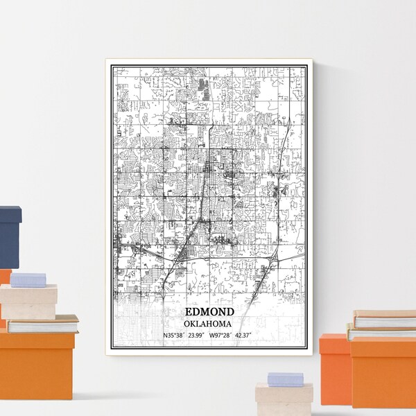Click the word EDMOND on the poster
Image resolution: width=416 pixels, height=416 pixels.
click(x=209, y=312)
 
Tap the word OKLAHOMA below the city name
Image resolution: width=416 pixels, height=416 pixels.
click(x=209, y=324)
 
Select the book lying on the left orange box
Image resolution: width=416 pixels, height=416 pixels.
click(x=43, y=323)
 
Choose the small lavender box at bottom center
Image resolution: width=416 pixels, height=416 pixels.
click(x=286, y=379)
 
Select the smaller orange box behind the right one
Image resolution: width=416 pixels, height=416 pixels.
click(x=334, y=367)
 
